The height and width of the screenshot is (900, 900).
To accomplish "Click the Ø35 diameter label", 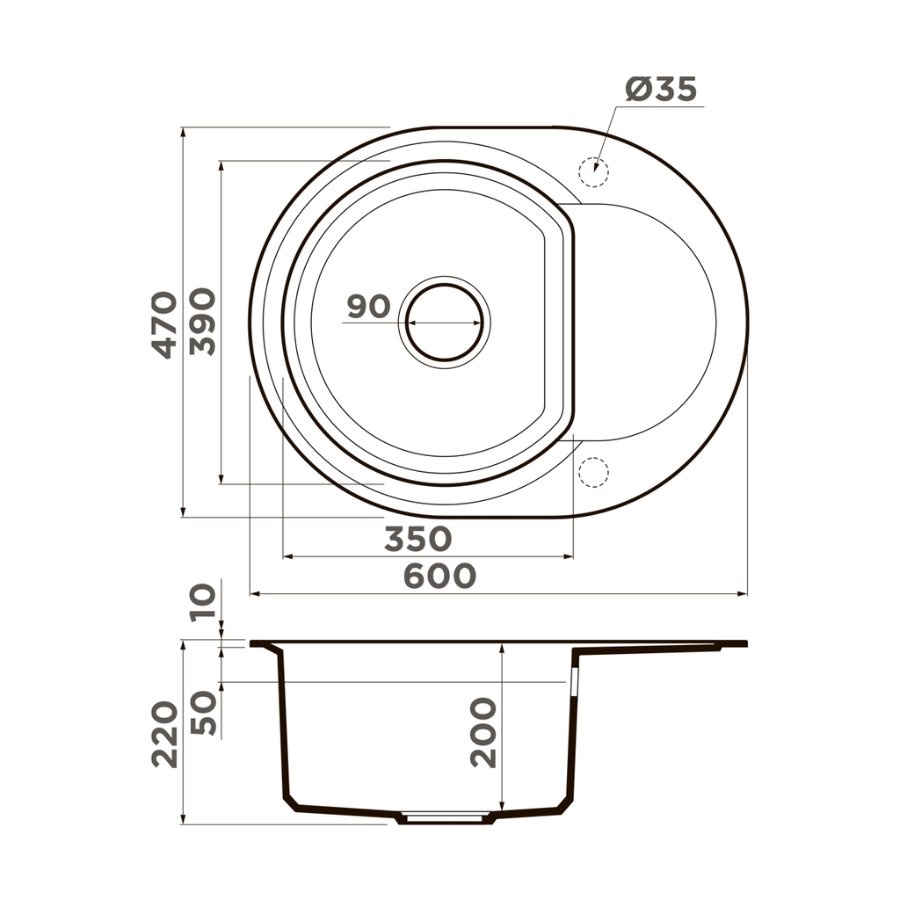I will click(x=661, y=89).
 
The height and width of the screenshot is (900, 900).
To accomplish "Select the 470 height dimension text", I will click(x=164, y=323).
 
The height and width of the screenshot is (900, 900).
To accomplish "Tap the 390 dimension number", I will click(x=203, y=321).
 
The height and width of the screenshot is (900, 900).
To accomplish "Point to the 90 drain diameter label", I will click(x=368, y=307).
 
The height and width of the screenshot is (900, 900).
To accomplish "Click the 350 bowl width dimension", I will click(x=417, y=539).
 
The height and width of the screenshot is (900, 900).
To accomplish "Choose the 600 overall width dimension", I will click(x=439, y=576).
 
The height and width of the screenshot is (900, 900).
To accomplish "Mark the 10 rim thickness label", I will click(x=203, y=603).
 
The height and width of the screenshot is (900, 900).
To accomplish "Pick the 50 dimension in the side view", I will click(x=203, y=713).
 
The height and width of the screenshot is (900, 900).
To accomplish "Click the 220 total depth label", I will click(x=164, y=735).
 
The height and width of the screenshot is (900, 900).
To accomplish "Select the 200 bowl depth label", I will click(x=483, y=732).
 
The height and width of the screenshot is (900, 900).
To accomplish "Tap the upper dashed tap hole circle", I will click(x=594, y=172).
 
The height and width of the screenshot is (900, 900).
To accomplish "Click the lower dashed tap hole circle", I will click(x=594, y=472).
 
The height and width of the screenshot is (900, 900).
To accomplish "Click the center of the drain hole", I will click(x=445, y=323).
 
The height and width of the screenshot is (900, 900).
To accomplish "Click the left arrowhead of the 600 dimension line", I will click(x=254, y=594).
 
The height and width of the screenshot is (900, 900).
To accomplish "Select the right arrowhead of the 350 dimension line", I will click(x=570, y=556).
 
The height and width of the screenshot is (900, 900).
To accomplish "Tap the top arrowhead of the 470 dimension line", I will click(x=183, y=132).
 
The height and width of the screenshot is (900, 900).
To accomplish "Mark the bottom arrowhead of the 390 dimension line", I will click(x=221, y=480).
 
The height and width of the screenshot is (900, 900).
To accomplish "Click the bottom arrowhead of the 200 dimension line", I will click(x=501, y=807).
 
